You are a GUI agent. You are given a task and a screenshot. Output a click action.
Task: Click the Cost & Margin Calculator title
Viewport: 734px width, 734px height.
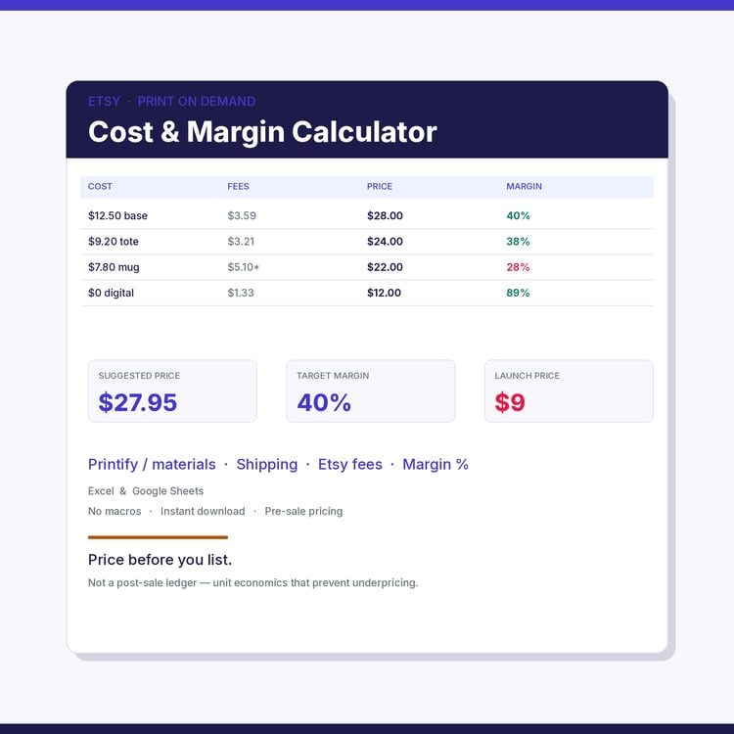(262, 132)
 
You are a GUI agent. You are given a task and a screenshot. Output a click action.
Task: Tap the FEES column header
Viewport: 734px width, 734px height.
(238, 186)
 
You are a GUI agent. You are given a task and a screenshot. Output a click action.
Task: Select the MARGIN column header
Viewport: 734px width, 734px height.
(524, 186)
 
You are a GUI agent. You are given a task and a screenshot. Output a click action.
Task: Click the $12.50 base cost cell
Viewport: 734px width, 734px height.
(117, 216)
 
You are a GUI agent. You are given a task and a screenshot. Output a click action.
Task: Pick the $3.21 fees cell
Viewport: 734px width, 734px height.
(241, 242)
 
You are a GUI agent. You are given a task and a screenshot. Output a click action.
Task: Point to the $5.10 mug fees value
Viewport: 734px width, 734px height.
(241, 267)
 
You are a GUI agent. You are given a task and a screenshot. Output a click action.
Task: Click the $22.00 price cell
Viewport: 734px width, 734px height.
(385, 267)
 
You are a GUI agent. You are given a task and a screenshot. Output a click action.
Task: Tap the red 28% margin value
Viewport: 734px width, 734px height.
(518, 267)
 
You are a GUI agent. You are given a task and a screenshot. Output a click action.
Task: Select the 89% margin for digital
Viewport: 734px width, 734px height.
(518, 293)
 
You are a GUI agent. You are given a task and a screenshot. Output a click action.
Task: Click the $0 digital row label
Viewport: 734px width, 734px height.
(111, 293)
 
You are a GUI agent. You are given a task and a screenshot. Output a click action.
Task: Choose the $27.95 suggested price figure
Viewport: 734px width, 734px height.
(138, 402)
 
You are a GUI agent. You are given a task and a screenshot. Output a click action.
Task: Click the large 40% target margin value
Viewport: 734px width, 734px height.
(324, 402)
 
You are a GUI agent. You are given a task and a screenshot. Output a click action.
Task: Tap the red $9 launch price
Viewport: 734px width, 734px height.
(510, 402)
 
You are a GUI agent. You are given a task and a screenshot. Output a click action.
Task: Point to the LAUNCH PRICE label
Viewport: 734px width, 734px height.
(528, 376)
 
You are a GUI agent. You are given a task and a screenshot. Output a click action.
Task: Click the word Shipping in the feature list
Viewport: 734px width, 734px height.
(267, 464)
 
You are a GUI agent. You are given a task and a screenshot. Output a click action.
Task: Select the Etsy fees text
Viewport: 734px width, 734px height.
(350, 464)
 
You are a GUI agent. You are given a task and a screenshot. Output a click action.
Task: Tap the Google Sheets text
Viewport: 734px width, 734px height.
(167, 491)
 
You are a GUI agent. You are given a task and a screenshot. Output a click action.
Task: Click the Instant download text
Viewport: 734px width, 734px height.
(203, 511)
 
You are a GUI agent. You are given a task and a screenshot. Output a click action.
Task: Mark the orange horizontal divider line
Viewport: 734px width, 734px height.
(158, 537)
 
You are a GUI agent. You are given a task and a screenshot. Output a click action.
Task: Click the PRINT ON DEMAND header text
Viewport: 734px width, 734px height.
(197, 102)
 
